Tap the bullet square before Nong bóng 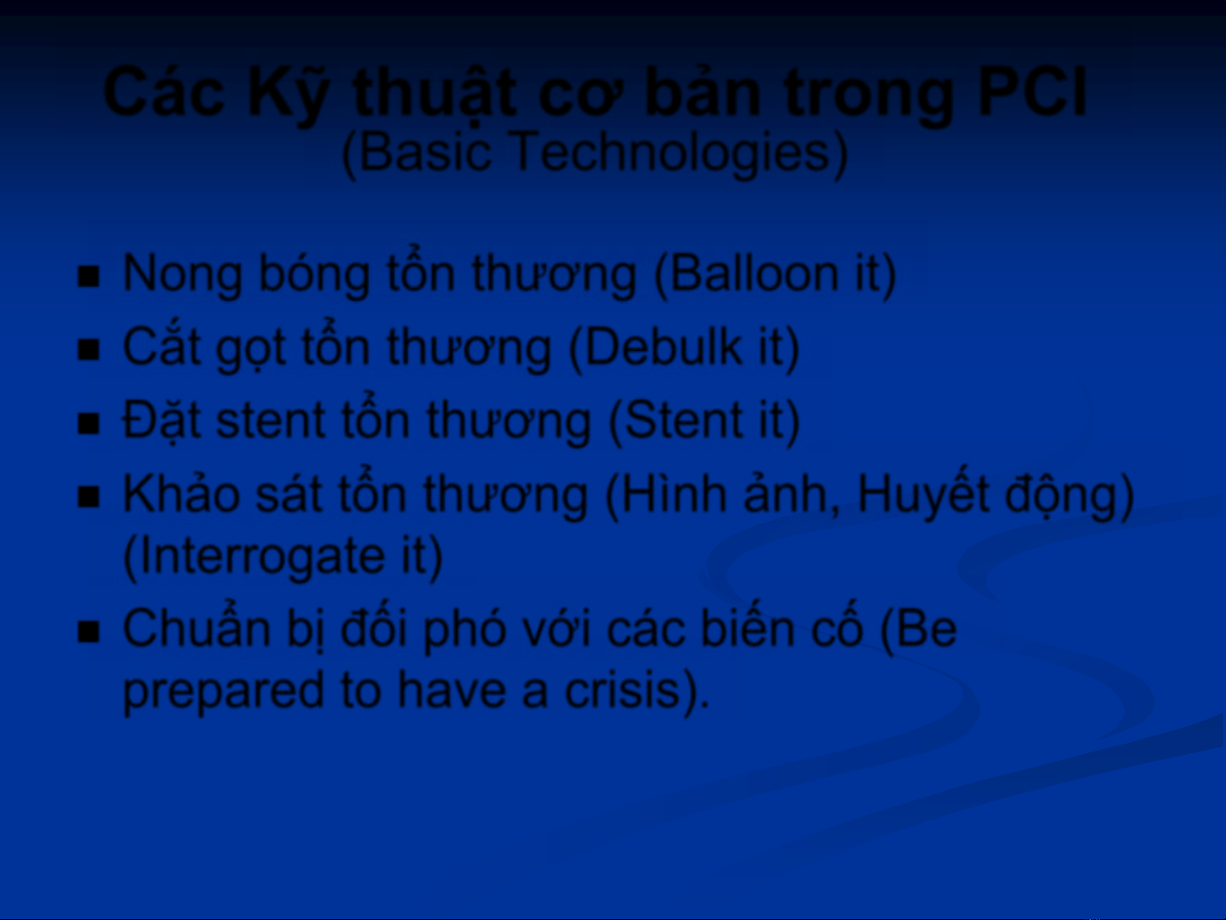coord(88,277)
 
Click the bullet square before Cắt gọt coord(88,351)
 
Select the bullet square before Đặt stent coord(88,424)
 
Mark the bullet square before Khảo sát coord(88,497)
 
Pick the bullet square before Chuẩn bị coord(88,632)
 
